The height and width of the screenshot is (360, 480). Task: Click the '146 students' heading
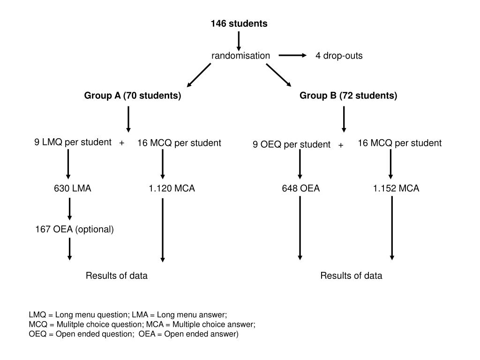pos(239,23)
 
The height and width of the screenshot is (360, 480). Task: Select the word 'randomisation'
pos(240,56)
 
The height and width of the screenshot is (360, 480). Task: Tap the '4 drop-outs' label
pos(339,56)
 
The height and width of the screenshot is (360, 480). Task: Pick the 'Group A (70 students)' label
pos(133,96)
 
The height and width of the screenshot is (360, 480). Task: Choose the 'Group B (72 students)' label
pos(348,96)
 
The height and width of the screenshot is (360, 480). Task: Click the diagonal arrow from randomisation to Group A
pos(199,75)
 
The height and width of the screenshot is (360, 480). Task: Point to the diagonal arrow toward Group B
pos(278,75)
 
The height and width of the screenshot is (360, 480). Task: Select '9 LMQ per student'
pos(73,142)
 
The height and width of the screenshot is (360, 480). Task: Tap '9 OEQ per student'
pos(292,144)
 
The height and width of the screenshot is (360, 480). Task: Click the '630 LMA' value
pos(72,188)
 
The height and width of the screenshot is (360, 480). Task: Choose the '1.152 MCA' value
pos(396,188)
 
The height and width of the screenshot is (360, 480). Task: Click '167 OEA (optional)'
pos(75,229)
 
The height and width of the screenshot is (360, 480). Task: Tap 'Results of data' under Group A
pos(116,276)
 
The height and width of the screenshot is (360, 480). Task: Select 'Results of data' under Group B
pos(351,276)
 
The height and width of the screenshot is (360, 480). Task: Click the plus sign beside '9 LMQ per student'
pos(122,143)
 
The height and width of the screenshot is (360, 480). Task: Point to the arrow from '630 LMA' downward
pos(70,209)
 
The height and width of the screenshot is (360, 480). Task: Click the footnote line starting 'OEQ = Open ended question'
pos(134,334)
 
